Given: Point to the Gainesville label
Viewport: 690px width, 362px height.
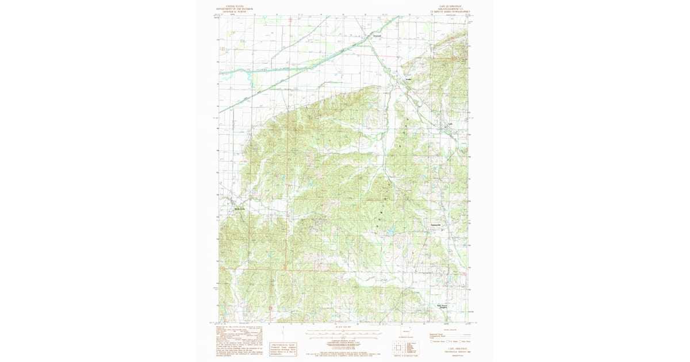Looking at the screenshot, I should [435, 224].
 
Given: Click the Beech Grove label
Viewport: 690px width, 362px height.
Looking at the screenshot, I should [239, 209].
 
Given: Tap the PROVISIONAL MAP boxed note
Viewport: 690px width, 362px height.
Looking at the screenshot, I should [283, 348].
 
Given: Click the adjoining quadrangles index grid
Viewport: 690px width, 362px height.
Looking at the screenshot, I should [398, 348].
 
